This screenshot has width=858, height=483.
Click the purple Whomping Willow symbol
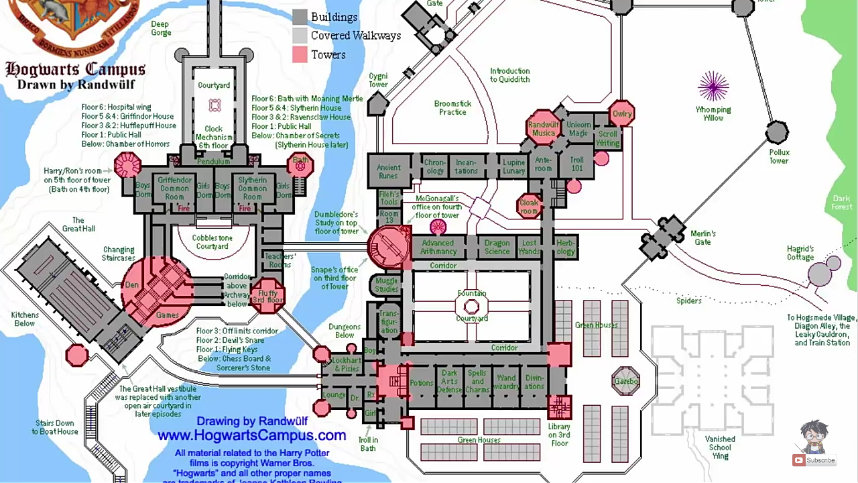713,87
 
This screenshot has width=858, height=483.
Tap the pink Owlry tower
622,114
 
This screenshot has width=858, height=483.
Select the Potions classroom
422,383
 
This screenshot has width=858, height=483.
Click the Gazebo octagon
626,381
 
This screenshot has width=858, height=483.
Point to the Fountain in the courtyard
472,307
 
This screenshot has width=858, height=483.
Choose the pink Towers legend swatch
300,55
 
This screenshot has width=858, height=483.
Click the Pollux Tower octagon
777,132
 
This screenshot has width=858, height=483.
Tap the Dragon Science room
497,247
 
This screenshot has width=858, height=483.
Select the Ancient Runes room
388,172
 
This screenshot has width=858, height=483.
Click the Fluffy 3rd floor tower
267,296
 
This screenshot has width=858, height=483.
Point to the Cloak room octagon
529,207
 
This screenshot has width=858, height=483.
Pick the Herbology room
566,247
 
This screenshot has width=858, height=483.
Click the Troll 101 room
576,164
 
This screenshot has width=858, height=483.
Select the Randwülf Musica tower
543,128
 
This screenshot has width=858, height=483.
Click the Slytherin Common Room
252,188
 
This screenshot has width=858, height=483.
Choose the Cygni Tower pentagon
378,103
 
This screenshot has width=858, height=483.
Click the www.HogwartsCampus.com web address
252,435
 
